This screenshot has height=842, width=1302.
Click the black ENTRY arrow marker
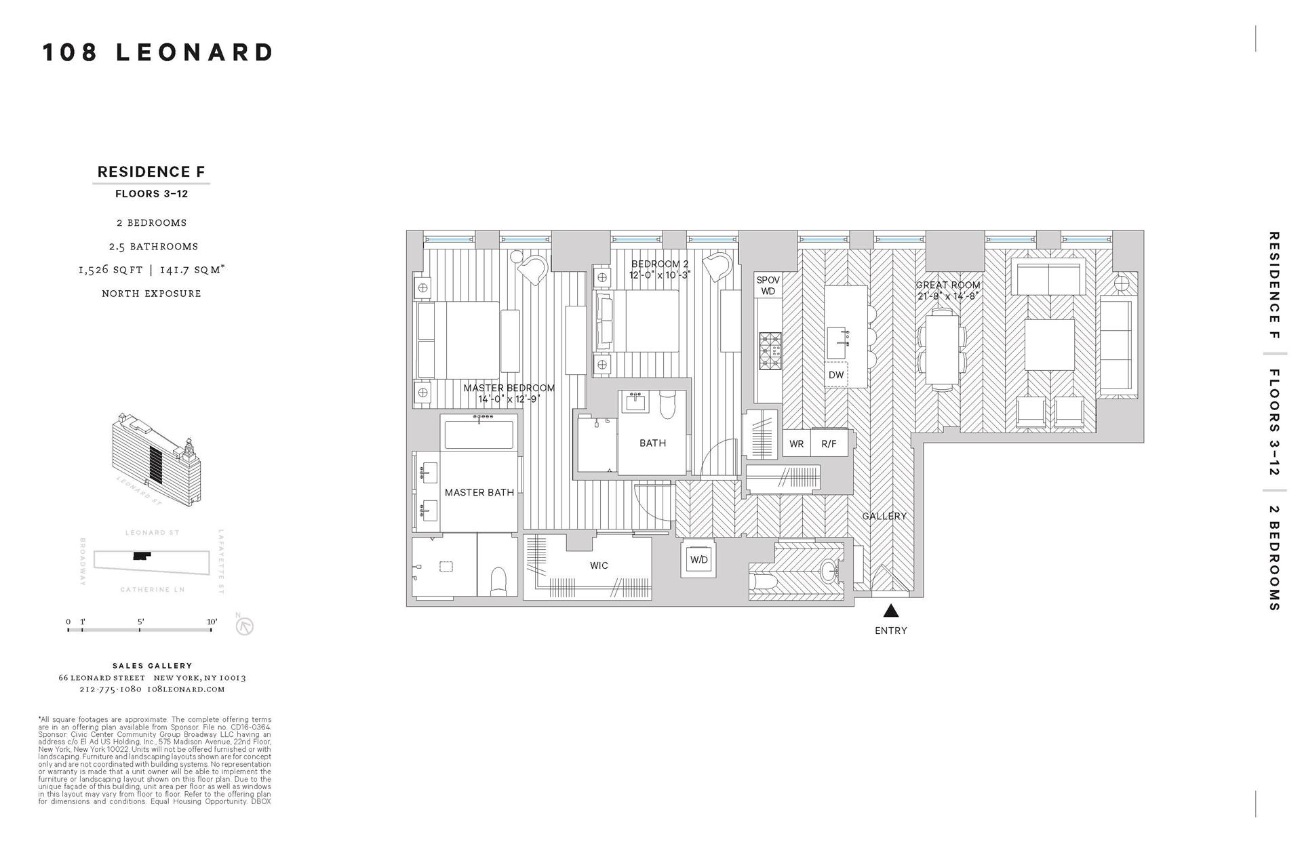pos(891,611)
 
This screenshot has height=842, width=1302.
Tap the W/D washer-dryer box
pos(698,560)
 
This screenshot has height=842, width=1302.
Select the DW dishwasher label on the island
pos(836,375)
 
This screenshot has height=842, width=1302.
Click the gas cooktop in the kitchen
pos(770,350)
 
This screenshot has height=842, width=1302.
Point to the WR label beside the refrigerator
pos(797,444)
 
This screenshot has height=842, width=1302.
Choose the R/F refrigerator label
pos(829,444)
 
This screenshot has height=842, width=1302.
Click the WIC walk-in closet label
pos(599,565)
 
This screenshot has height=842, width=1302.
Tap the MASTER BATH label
pos(479,493)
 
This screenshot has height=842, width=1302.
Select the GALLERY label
pos(884,517)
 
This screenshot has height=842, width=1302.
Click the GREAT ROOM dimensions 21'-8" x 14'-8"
pos(947,296)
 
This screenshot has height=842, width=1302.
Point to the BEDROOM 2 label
pos(660,264)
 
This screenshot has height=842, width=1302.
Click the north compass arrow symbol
pos(244,626)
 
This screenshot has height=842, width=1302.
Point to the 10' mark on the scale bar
pos(212,622)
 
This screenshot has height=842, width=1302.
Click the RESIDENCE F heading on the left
pos(151,172)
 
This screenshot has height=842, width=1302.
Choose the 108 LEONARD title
pos(158,52)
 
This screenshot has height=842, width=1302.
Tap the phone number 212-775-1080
pos(111,689)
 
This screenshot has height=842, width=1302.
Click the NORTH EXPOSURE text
pos(151,294)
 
